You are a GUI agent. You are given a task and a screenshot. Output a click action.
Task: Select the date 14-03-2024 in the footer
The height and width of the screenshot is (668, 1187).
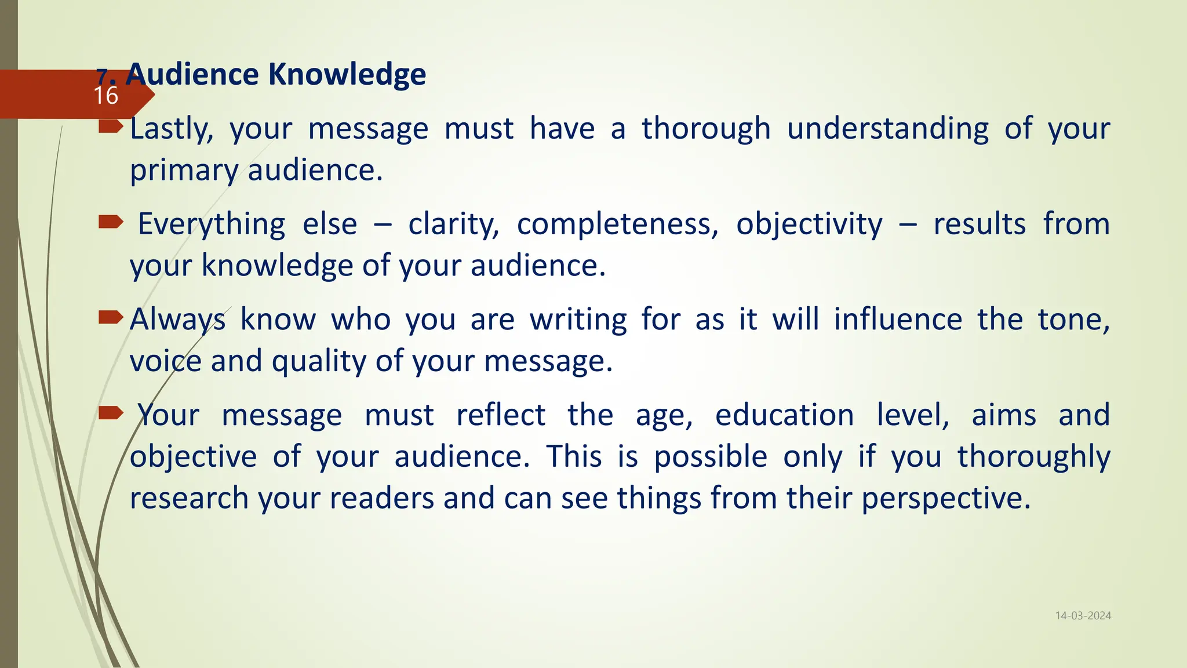coord(1083,616)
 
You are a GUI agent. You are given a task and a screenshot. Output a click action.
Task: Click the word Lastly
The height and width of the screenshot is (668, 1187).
coord(172,129)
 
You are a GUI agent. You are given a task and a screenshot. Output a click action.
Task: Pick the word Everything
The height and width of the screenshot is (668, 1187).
coord(212,224)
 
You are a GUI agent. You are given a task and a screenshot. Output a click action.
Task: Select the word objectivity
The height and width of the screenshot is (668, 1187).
coord(809,224)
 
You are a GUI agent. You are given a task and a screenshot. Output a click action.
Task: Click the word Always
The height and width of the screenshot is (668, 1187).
coord(177,320)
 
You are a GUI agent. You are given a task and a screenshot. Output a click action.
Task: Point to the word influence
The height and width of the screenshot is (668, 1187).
coord(898,320)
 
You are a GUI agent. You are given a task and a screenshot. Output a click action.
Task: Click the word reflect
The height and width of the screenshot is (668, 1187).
coord(501,415)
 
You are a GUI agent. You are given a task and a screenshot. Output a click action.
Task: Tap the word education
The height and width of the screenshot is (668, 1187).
coord(784,415)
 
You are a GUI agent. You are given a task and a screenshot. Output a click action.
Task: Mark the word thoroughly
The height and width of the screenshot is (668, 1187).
coord(1033,457)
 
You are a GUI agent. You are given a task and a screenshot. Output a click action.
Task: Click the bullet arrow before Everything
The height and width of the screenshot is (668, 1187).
coord(111,222)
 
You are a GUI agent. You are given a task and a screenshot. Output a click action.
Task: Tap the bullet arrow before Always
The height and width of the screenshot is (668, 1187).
coord(111,317)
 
